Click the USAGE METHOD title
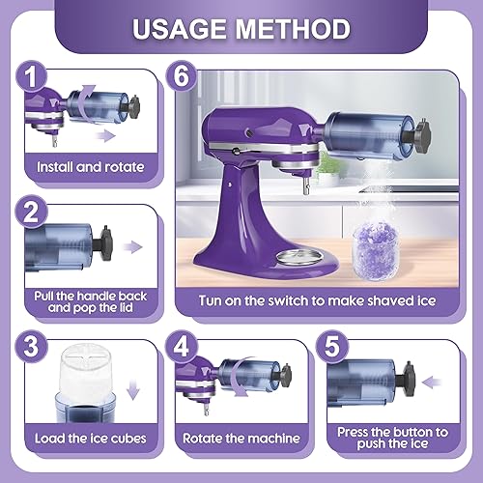(241, 28)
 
